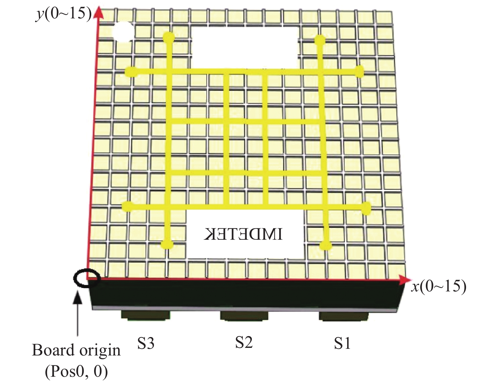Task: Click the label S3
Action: point(146,343)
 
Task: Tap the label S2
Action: point(244,342)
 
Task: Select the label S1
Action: point(342,343)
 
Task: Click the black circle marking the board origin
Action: point(86,279)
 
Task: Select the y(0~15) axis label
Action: point(63,14)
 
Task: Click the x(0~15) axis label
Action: point(439,286)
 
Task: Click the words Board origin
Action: point(76,351)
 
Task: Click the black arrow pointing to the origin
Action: point(78,314)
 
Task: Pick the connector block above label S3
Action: point(146,315)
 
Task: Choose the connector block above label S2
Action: point(244,316)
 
